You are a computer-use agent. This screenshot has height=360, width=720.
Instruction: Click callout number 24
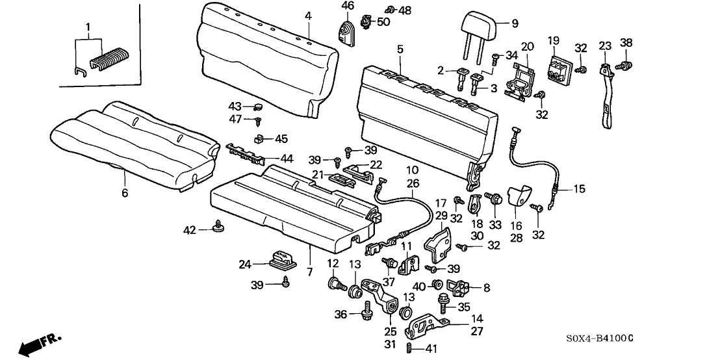point(244,264)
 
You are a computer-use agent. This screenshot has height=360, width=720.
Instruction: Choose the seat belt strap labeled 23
point(608,91)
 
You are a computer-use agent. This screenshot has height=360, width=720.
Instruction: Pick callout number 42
point(190,229)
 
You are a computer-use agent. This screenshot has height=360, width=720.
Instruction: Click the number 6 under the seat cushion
point(125,193)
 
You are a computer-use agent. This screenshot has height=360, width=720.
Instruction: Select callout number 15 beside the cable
point(578,189)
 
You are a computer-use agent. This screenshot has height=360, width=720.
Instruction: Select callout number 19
point(554,41)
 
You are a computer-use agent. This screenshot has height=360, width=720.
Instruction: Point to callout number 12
point(333,263)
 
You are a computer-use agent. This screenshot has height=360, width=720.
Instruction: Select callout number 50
point(383,23)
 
